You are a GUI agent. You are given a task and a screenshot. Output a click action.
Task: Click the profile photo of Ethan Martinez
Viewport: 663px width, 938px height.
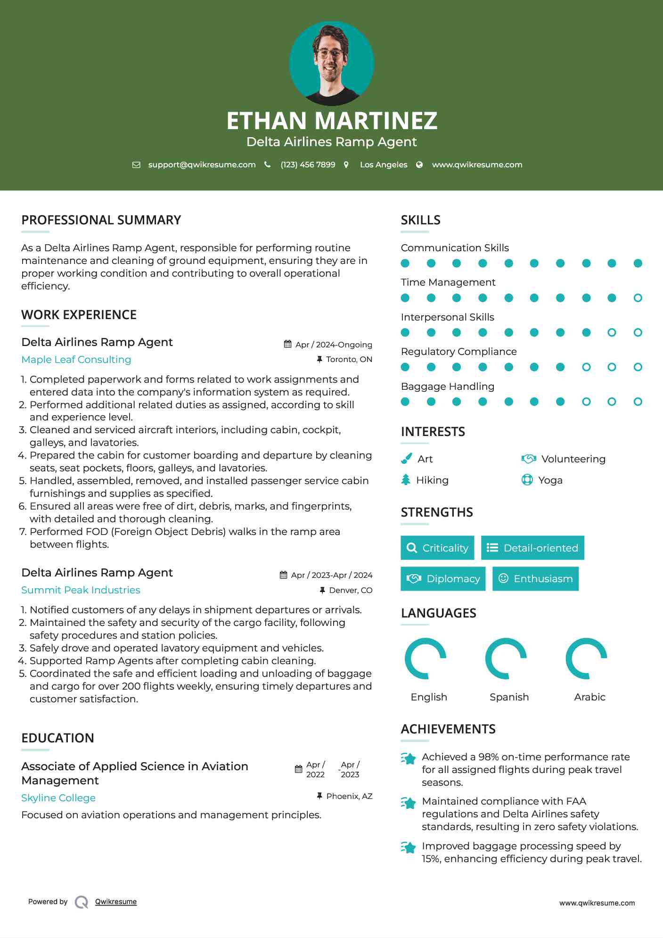pyautogui.click(x=331, y=64)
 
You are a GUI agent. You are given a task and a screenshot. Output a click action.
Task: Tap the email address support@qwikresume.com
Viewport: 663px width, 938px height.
pyautogui.click(x=202, y=165)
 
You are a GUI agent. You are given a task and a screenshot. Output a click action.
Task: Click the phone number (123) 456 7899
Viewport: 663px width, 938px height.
pyautogui.click(x=308, y=165)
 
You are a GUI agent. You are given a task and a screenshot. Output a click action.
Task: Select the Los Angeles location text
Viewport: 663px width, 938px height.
pyautogui.click(x=383, y=165)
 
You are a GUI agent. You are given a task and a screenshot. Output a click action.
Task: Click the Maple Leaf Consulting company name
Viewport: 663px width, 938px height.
pyautogui.click(x=76, y=360)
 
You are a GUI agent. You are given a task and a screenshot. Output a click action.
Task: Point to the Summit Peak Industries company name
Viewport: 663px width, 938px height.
pyautogui.click(x=81, y=590)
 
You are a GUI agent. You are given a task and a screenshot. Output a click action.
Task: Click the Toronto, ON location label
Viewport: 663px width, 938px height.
pyautogui.click(x=349, y=359)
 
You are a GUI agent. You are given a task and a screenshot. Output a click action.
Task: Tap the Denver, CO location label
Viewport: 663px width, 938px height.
pyautogui.click(x=350, y=590)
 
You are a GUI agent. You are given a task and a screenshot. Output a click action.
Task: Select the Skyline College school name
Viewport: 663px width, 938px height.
pyautogui.click(x=58, y=798)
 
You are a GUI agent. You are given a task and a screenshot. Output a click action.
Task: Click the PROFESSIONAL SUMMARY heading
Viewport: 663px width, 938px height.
pyautogui.click(x=101, y=220)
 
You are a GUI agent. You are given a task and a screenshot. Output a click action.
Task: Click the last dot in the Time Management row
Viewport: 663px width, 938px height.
pyautogui.click(x=638, y=298)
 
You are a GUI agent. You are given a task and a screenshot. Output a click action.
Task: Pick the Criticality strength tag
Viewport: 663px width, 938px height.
pyautogui.click(x=437, y=548)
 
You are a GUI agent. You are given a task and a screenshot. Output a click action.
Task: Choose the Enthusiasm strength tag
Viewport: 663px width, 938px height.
pyautogui.click(x=535, y=579)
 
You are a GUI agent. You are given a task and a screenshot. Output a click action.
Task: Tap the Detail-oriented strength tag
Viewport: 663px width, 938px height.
pyautogui.click(x=532, y=548)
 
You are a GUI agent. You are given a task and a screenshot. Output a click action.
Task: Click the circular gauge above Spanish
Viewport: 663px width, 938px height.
pyautogui.click(x=506, y=658)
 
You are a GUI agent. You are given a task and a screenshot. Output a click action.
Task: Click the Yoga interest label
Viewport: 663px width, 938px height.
pyautogui.click(x=550, y=480)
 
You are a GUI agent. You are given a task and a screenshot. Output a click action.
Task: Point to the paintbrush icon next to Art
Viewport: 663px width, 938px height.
pyautogui.click(x=406, y=459)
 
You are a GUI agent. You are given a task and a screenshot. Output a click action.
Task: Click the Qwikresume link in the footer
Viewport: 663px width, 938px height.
pyautogui.click(x=116, y=902)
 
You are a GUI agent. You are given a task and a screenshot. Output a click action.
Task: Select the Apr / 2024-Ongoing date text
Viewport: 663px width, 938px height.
pyautogui.click(x=333, y=345)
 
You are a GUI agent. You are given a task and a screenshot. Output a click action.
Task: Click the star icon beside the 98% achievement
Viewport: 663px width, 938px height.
pyautogui.click(x=408, y=758)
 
